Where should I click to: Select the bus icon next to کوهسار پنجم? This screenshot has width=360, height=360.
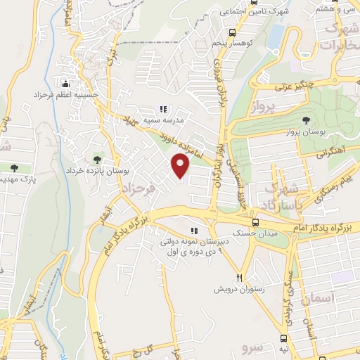click(233, 32)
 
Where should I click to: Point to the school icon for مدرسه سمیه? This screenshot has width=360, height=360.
click(163, 109)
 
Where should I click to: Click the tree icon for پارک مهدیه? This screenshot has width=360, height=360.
click(14, 167)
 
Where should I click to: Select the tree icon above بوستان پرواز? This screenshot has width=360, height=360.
click(305, 120)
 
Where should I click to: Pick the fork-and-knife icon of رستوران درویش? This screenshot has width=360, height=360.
click(240, 277)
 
